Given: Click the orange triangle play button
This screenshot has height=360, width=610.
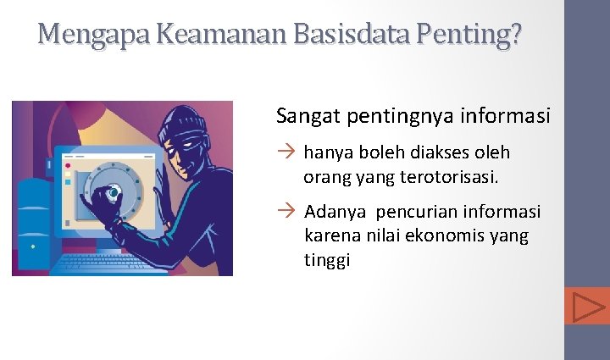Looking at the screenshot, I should (x=587, y=306).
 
